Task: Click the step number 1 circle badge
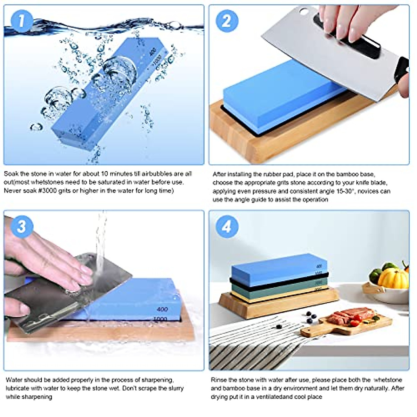(22, 21)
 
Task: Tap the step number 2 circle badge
(227, 21)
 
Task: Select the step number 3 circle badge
(22, 227)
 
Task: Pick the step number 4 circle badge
(227, 227)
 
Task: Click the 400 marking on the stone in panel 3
(162, 309)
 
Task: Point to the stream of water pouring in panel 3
(101, 243)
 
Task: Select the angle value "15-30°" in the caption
(344, 191)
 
